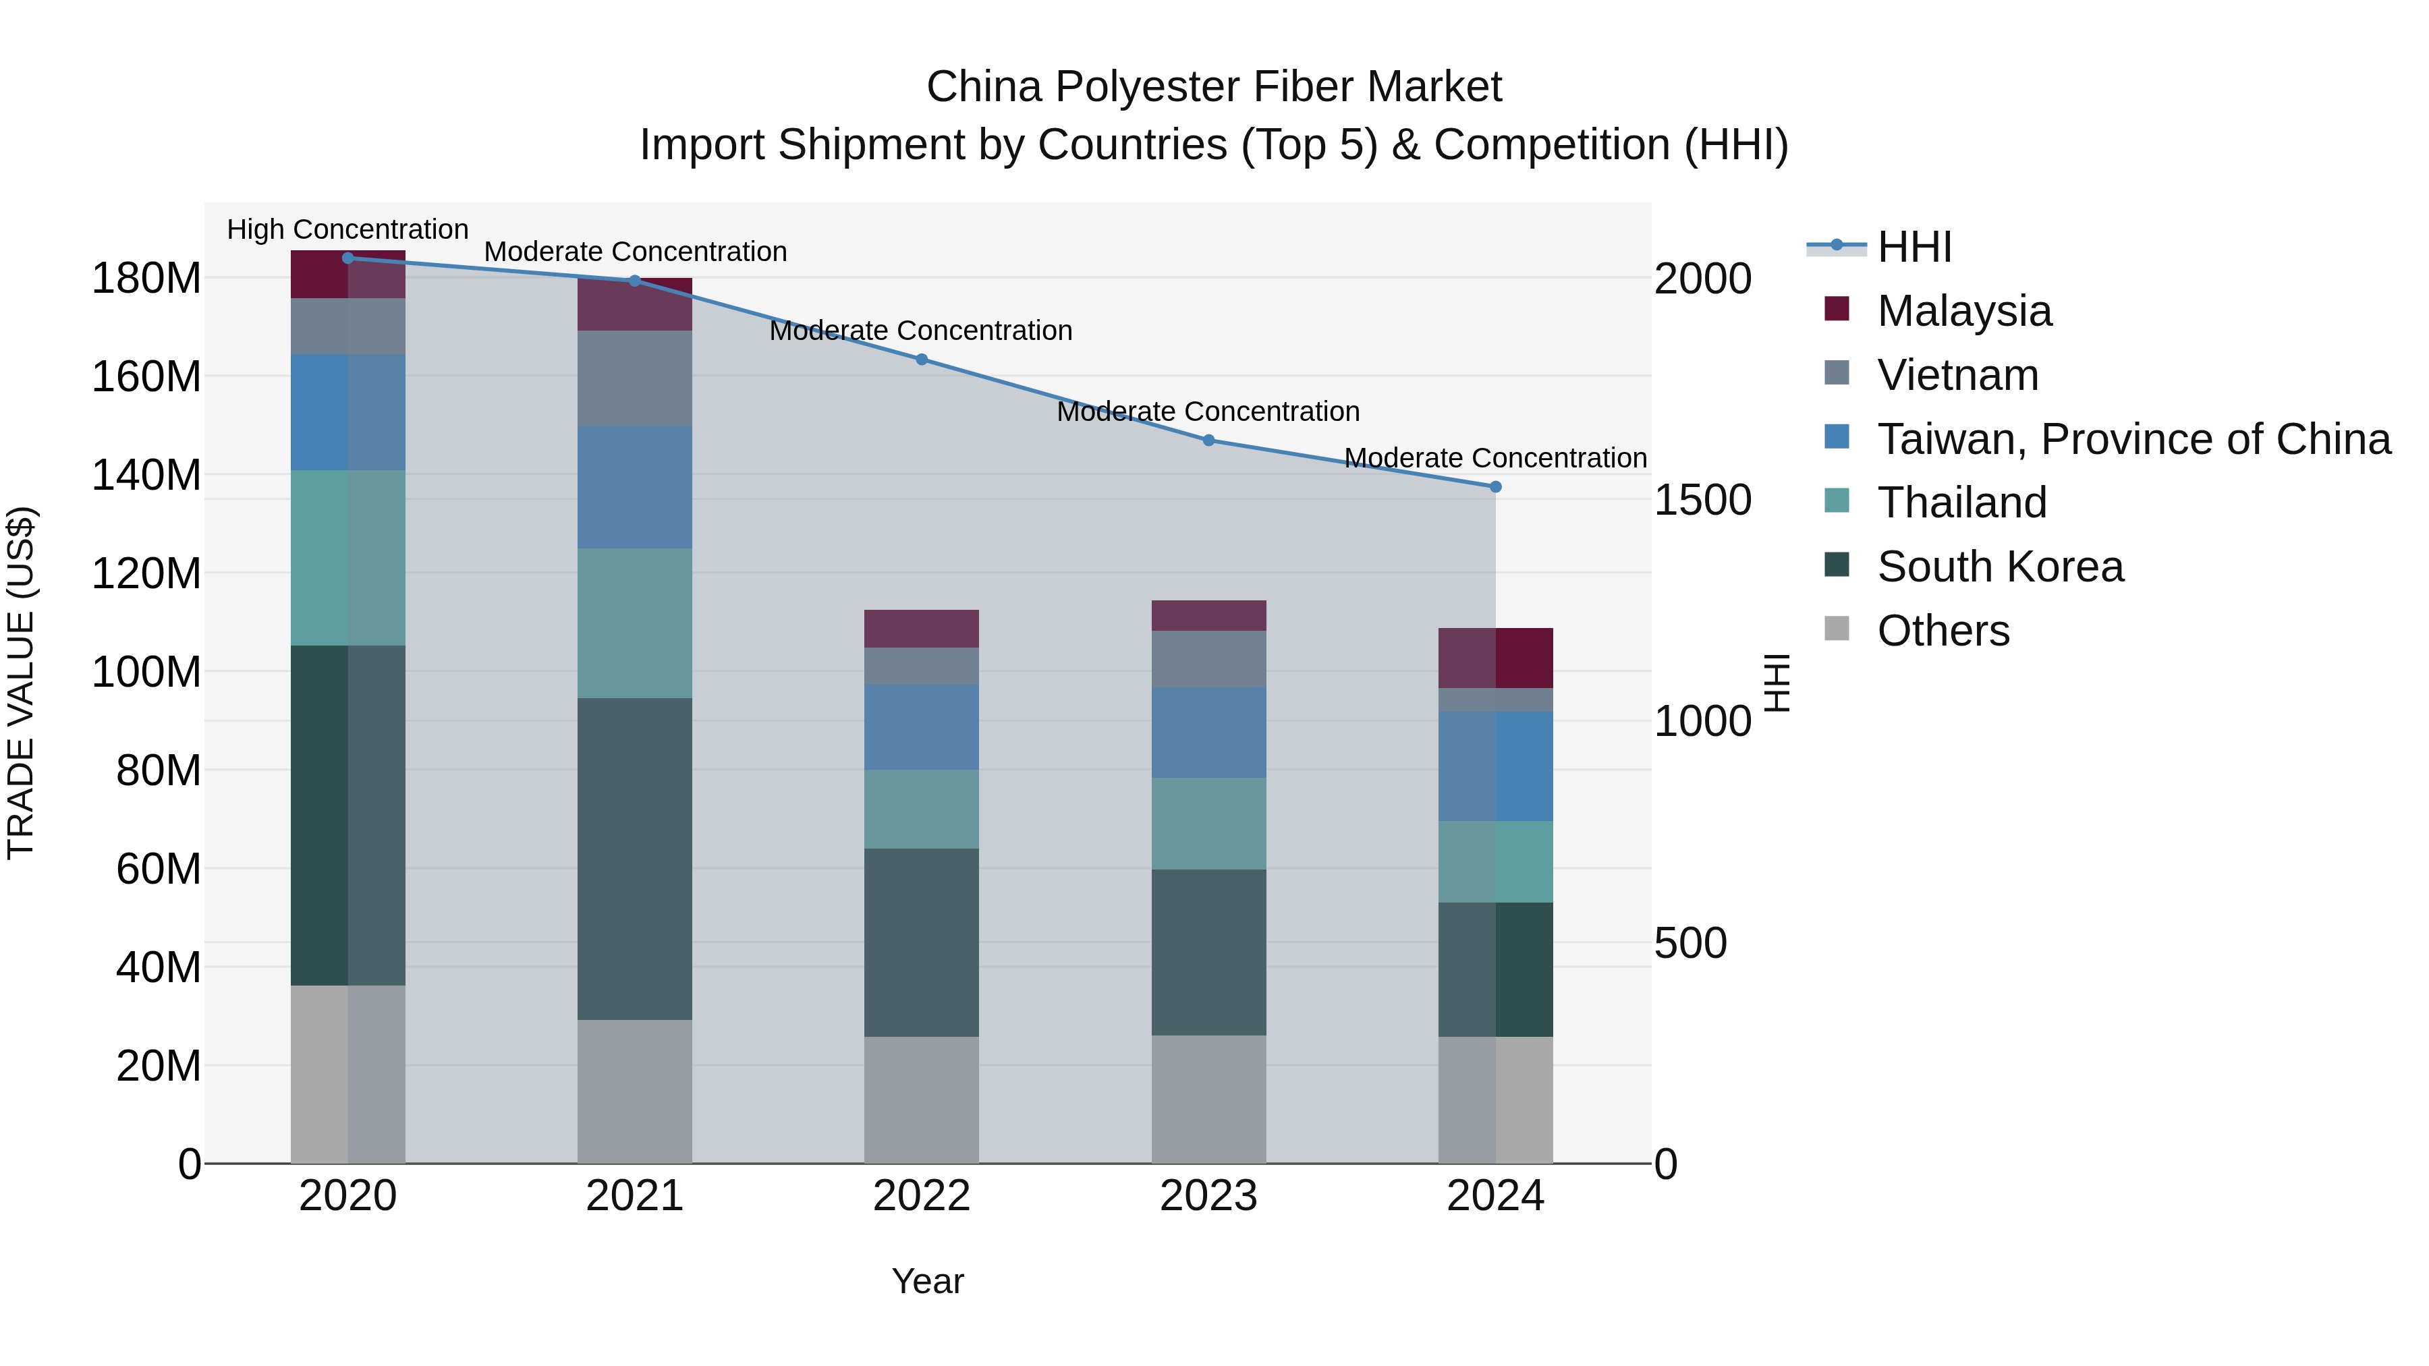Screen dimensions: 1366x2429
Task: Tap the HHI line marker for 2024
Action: coord(1495,486)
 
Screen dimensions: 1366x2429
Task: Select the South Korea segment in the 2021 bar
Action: coord(635,858)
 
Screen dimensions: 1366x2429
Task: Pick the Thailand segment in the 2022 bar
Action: coord(921,809)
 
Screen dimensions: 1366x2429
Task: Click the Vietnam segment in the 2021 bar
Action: coord(635,378)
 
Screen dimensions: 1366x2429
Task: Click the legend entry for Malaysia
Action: coord(1963,311)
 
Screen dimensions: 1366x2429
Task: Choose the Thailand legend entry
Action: coord(1961,503)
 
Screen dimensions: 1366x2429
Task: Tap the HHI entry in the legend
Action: coord(1914,247)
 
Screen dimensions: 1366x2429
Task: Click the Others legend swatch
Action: coord(1837,629)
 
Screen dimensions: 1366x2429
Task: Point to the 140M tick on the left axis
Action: coord(146,475)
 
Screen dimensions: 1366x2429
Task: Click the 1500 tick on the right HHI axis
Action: coord(1702,501)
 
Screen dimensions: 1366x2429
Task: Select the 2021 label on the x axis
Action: coord(635,1196)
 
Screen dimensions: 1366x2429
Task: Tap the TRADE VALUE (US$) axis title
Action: coord(21,683)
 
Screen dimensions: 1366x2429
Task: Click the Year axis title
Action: coord(928,1281)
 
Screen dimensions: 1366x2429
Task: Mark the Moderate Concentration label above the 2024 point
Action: coord(1495,458)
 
